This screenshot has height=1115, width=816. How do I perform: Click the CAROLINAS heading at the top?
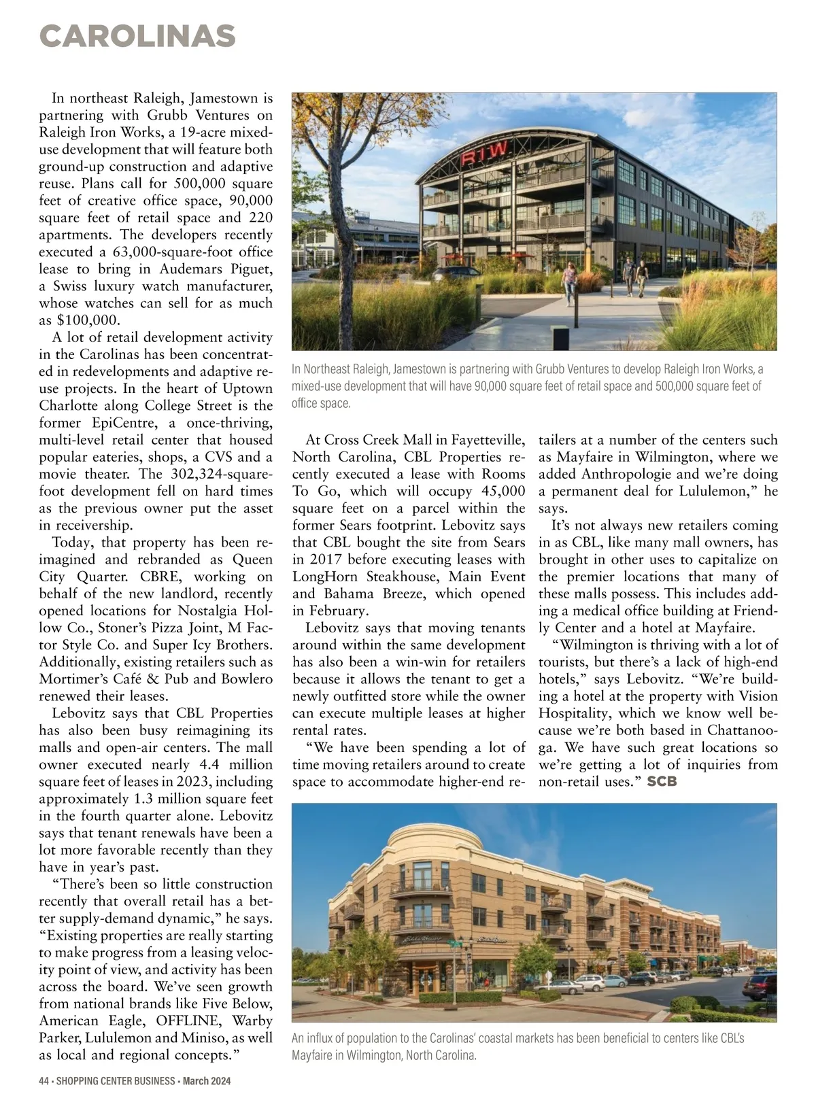[x=137, y=36]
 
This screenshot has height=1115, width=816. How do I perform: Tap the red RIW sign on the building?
[x=484, y=154]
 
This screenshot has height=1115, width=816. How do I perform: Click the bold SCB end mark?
[x=662, y=782]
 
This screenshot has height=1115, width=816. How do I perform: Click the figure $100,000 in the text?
[x=87, y=320]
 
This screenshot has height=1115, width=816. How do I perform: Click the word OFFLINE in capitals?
[x=187, y=1021]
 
